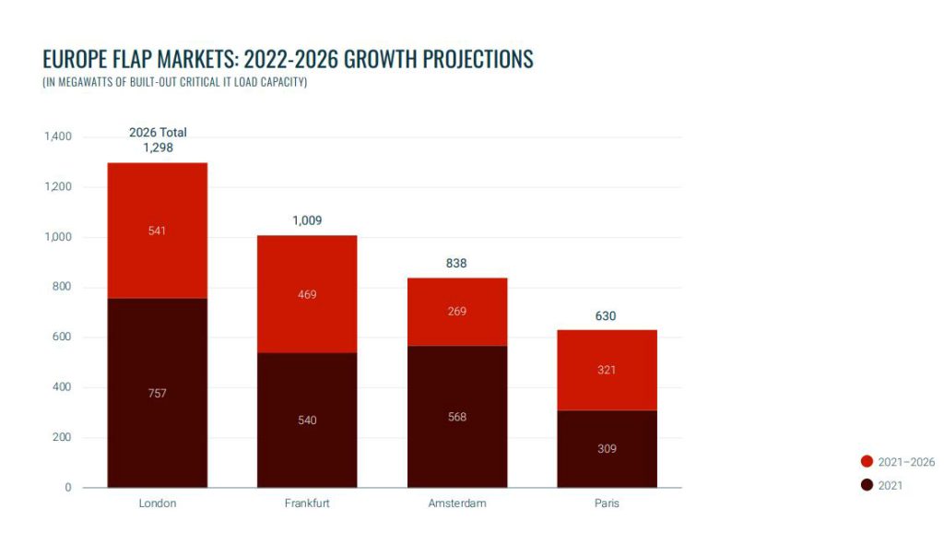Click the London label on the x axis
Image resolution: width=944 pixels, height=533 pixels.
point(157,503)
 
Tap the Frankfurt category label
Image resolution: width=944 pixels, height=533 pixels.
point(307,503)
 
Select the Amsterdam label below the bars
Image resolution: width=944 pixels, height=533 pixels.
point(456,503)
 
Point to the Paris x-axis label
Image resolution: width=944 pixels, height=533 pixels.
point(607,503)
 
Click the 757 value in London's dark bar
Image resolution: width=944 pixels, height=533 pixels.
point(157,394)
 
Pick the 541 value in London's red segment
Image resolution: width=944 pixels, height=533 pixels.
point(157,231)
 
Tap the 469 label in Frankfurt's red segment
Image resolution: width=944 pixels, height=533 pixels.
point(307,294)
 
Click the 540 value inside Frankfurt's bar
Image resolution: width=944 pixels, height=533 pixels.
point(307,420)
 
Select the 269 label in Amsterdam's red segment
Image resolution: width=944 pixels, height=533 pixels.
point(456,312)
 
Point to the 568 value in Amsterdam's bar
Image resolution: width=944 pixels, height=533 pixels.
point(456,417)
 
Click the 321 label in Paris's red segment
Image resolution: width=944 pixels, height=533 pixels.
point(607,370)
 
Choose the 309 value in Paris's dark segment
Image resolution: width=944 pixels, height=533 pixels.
point(607,449)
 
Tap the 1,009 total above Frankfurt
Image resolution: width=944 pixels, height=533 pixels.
point(307,220)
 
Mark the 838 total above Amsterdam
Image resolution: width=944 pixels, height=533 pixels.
point(456,263)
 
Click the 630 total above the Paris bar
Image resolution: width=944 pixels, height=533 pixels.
point(606,316)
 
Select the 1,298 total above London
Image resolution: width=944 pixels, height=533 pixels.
point(158,148)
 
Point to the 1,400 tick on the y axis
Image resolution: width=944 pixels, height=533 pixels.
point(57,136)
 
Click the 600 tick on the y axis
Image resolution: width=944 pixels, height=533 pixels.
point(62,338)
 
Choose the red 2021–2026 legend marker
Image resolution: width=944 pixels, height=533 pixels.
point(867,462)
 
